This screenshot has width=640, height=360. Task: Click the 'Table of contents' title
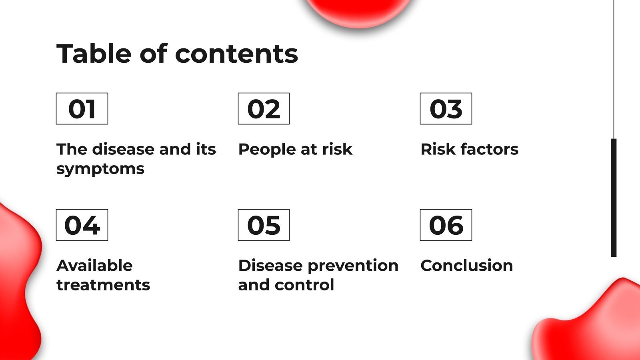(x=177, y=54)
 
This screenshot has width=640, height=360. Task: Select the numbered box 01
(x=82, y=109)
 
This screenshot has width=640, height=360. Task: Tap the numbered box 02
(x=264, y=109)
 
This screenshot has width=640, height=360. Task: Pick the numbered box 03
(x=446, y=109)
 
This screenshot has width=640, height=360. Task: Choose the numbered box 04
(x=82, y=225)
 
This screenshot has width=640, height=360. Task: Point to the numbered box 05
(x=264, y=225)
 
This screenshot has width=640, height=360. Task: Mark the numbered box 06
(x=446, y=225)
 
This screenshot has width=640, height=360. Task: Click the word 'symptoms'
(x=100, y=169)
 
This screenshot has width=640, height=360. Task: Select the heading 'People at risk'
(x=295, y=149)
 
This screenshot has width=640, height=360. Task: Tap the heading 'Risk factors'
(x=469, y=149)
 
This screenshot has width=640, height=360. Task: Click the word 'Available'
(x=95, y=266)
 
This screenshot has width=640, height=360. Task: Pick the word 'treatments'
(x=103, y=285)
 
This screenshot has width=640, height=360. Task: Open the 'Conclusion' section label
(x=466, y=266)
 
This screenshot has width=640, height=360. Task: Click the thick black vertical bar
(x=614, y=198)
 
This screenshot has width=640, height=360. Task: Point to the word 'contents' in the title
(x=236, y=54)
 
